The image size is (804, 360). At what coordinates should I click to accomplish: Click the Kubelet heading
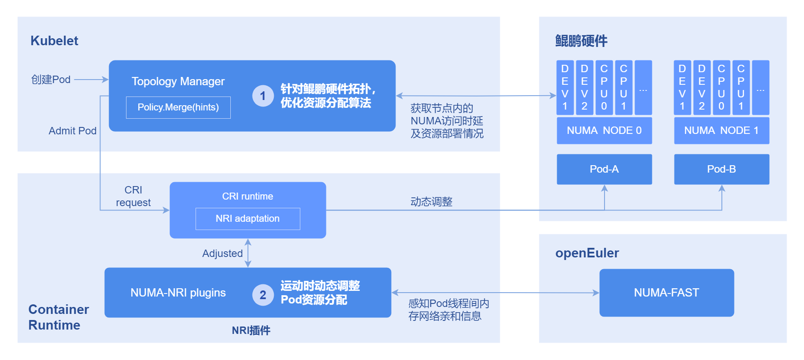[x=54, y=41]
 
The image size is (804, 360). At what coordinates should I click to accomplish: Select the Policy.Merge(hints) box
[x=178, y=107]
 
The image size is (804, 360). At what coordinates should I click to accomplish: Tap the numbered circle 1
[x=263, y=96]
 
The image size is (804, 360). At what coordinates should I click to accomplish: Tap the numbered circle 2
[x=263, y=295]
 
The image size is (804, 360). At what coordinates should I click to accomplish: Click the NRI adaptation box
[x=248, y=219]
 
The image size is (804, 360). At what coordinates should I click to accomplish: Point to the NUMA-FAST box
[x=666, y=293]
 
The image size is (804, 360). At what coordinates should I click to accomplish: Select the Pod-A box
[x=604, y=169]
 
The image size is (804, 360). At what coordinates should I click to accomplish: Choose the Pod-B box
[x=721, y=169]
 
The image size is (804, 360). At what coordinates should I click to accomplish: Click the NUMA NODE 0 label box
[x=604, y=130]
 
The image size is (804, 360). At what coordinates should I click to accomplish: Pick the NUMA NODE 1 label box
[x=721, y=130]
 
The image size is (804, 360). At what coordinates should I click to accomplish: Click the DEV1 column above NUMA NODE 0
[x=565, y=87]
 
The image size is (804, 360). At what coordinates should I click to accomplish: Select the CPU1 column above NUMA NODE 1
[x=741, y=87]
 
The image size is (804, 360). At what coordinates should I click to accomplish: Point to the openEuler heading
[x=587, y=253]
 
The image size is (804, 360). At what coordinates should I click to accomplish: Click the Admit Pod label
[x=73, y=131]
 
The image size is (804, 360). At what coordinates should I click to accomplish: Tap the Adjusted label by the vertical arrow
[x=223, y=253]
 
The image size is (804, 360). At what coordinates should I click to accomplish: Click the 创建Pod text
[x=51, y=80]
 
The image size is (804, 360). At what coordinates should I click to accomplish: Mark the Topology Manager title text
[x=178, y=81]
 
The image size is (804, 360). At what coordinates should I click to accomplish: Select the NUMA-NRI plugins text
[x=178, y=293]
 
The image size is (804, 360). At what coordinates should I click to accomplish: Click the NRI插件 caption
[x=251, y=330]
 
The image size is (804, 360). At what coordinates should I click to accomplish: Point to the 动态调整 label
[x=432, y=202]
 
